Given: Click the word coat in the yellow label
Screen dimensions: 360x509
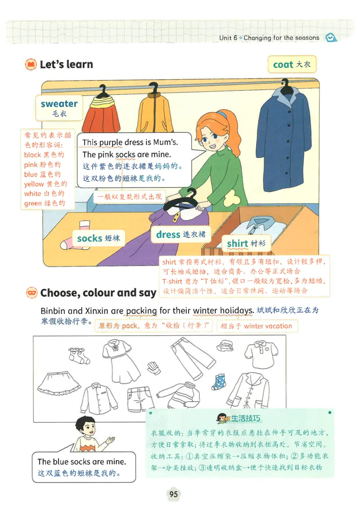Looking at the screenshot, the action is click(x=283, y=65).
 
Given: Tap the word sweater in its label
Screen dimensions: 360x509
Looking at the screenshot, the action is click(x=59, y=104).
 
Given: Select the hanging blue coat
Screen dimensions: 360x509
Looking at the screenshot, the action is click(x=283, y=136).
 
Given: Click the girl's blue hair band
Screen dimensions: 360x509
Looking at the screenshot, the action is click(x=222, y=115).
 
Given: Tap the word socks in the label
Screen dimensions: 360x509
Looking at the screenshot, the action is click(x=90, y=239).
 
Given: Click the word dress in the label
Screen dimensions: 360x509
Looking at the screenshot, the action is click(x=168, y=234).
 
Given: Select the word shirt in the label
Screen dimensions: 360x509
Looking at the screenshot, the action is click(x=238, y=243).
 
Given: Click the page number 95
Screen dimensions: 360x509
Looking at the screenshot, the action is click(x=174, y=494).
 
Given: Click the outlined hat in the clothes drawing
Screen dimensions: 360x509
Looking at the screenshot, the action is click(x=225, y=345).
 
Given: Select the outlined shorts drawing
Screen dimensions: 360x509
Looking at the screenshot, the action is click(x=140, y=399).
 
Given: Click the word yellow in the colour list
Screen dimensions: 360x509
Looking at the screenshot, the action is click(x=34, y=184).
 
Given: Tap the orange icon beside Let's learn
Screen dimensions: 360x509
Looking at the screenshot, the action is click(x=31, y=64).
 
